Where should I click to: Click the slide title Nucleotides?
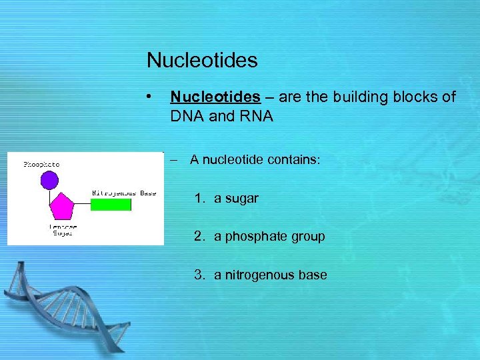(202, 61)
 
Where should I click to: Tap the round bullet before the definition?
(153, 97)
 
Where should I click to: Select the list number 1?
(199, 199)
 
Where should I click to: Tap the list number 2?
(199, 237)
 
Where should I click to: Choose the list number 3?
(199, 275)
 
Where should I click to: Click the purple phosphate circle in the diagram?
(49, 180)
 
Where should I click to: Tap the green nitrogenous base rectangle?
(111, 204)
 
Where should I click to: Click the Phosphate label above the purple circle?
(41, 164)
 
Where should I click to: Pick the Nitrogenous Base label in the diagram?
(123, 193)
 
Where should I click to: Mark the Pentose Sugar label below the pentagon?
(63, 231)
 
